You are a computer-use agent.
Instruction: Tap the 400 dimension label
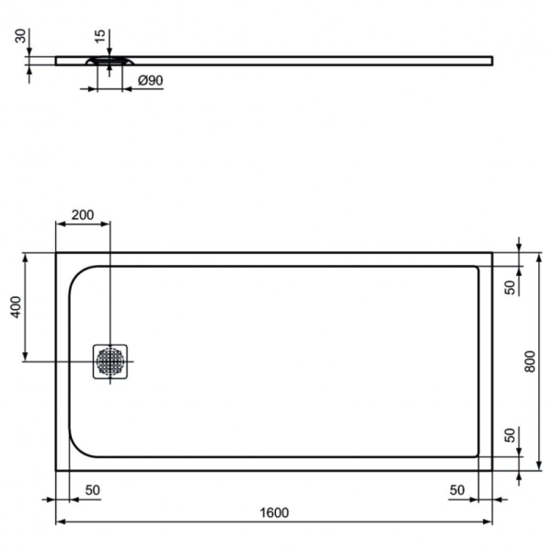(15, 307)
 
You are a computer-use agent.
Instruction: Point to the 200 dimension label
(83, 214)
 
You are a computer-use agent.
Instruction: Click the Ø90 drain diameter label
(150, 81)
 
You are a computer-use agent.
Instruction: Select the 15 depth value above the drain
(99, 36)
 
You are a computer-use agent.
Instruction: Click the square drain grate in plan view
(110, 361)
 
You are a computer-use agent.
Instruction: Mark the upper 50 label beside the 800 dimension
(510, 287)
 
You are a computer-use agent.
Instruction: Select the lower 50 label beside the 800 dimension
(510, 436)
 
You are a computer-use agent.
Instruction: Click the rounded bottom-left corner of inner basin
(81, 445)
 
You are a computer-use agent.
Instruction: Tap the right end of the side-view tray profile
(489, 62)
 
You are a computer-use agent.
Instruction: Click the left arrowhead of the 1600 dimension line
(60, 522)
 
